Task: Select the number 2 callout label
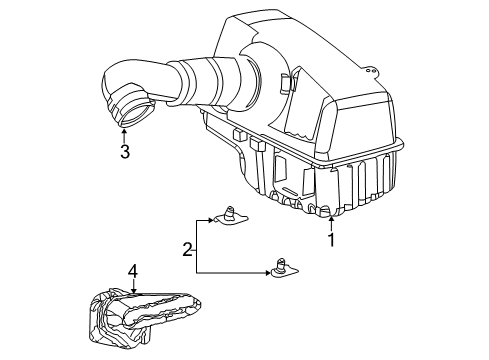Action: [187, 250]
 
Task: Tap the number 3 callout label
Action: [124, 152]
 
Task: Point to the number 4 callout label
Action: [132, 270]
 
